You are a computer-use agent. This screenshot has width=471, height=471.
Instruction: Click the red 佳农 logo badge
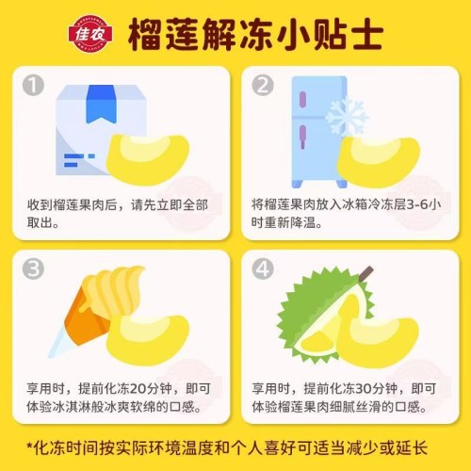[x=90, y=34]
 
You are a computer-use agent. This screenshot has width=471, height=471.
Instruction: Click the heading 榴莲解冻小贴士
[x=255, y=34]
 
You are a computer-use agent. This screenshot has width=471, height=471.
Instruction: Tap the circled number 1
[x=33, y=85]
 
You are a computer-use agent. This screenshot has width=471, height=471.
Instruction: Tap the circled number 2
[x=263, y=85]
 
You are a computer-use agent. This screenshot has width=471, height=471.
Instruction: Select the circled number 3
[x=33, y=268]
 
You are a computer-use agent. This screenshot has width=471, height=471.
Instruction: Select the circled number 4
[x=263, y=268]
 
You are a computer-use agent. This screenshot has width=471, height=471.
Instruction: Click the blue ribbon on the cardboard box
[x=101, y=104]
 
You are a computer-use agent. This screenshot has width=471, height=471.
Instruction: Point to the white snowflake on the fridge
[x=347, y=117]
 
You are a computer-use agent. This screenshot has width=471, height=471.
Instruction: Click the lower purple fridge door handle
[x=302, y=136]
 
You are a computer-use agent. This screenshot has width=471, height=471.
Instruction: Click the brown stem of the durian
[x=366, y=273]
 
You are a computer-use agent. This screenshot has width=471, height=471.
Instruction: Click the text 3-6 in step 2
[x=417, y=204]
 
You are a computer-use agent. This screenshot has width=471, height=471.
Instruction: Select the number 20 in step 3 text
[x=137, y=388]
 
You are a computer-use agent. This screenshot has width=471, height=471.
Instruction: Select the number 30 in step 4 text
[x=364, y=388]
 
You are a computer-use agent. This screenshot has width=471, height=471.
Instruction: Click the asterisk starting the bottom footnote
[x=29, y=446]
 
